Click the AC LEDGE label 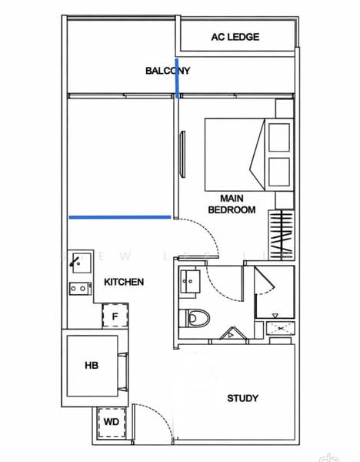point(235,37)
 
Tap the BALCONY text point(168,71)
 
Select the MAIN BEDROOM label point(232,204)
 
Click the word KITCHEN point(124,283)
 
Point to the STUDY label point(242,398)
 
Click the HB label point(91,366)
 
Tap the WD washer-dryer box point(111,423)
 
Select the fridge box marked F point(115,316)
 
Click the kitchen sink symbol point(78,262)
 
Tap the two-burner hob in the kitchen point(78,289)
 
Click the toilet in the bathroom point(196,317)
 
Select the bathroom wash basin point(189,282)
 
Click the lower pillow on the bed point(278,172)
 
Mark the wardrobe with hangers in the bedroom point(283,235)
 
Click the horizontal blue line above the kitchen point(119,217)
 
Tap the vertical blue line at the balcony point(178,79)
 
